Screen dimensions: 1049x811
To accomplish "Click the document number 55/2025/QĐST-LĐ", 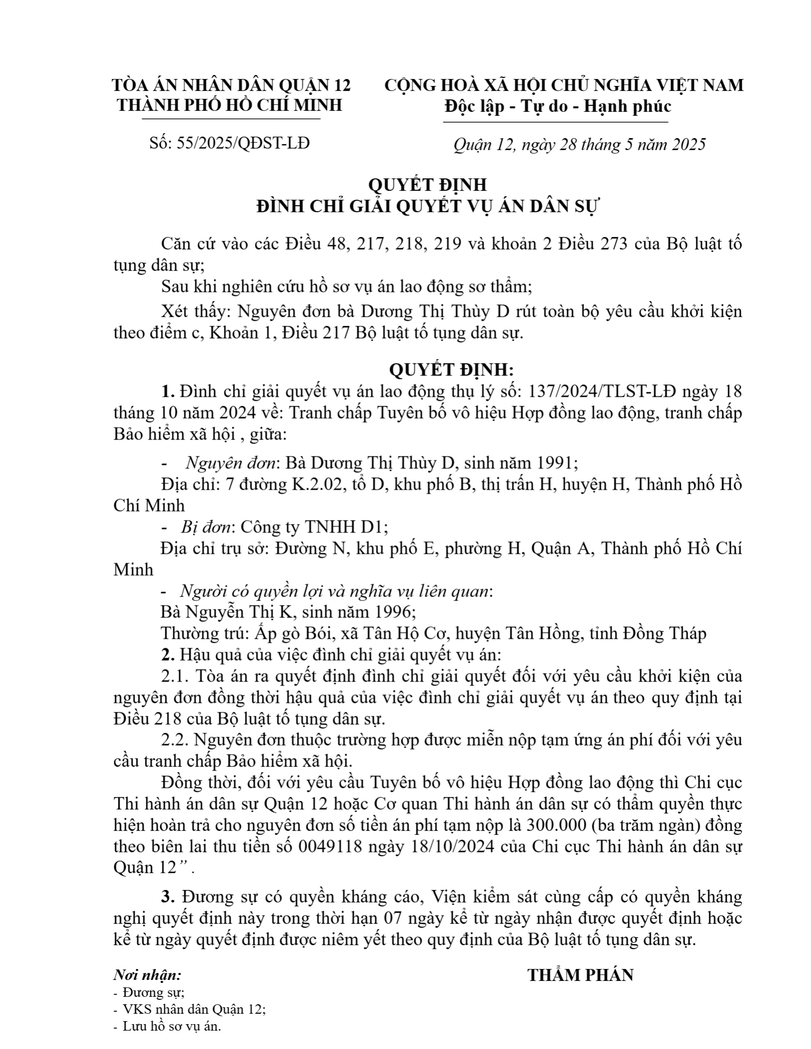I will click(243, 143).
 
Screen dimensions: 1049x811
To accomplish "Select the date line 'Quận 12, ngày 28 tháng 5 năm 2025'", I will click(579, 144).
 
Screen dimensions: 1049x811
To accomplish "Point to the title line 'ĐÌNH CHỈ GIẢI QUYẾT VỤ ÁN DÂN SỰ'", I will click(428, 206).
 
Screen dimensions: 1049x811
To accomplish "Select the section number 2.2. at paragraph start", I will click(175, 740).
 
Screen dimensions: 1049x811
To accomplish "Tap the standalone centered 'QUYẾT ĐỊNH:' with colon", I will click(451, 370).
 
